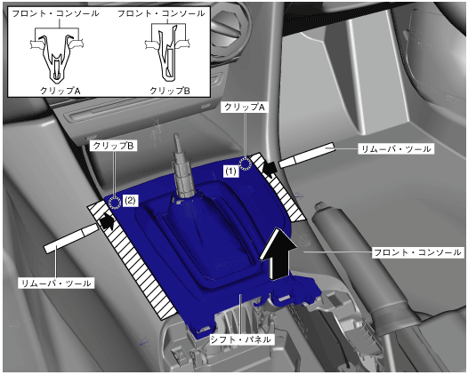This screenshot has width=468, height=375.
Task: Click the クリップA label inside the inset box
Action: point(61,91)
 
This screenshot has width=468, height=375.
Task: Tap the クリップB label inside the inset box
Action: point(170,91)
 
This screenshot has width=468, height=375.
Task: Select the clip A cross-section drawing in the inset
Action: point(57,59)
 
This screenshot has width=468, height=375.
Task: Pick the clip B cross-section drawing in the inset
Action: point(168,53)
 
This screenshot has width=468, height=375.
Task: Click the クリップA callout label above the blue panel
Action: point(245,108)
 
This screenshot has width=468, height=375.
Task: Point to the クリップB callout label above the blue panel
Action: point(113,146)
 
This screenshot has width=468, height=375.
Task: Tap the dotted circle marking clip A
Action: point(246,164)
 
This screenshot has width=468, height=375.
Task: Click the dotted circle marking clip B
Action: point(114,203)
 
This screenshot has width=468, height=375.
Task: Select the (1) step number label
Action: point(230,172)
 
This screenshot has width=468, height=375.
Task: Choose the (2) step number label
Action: point(130,201)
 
